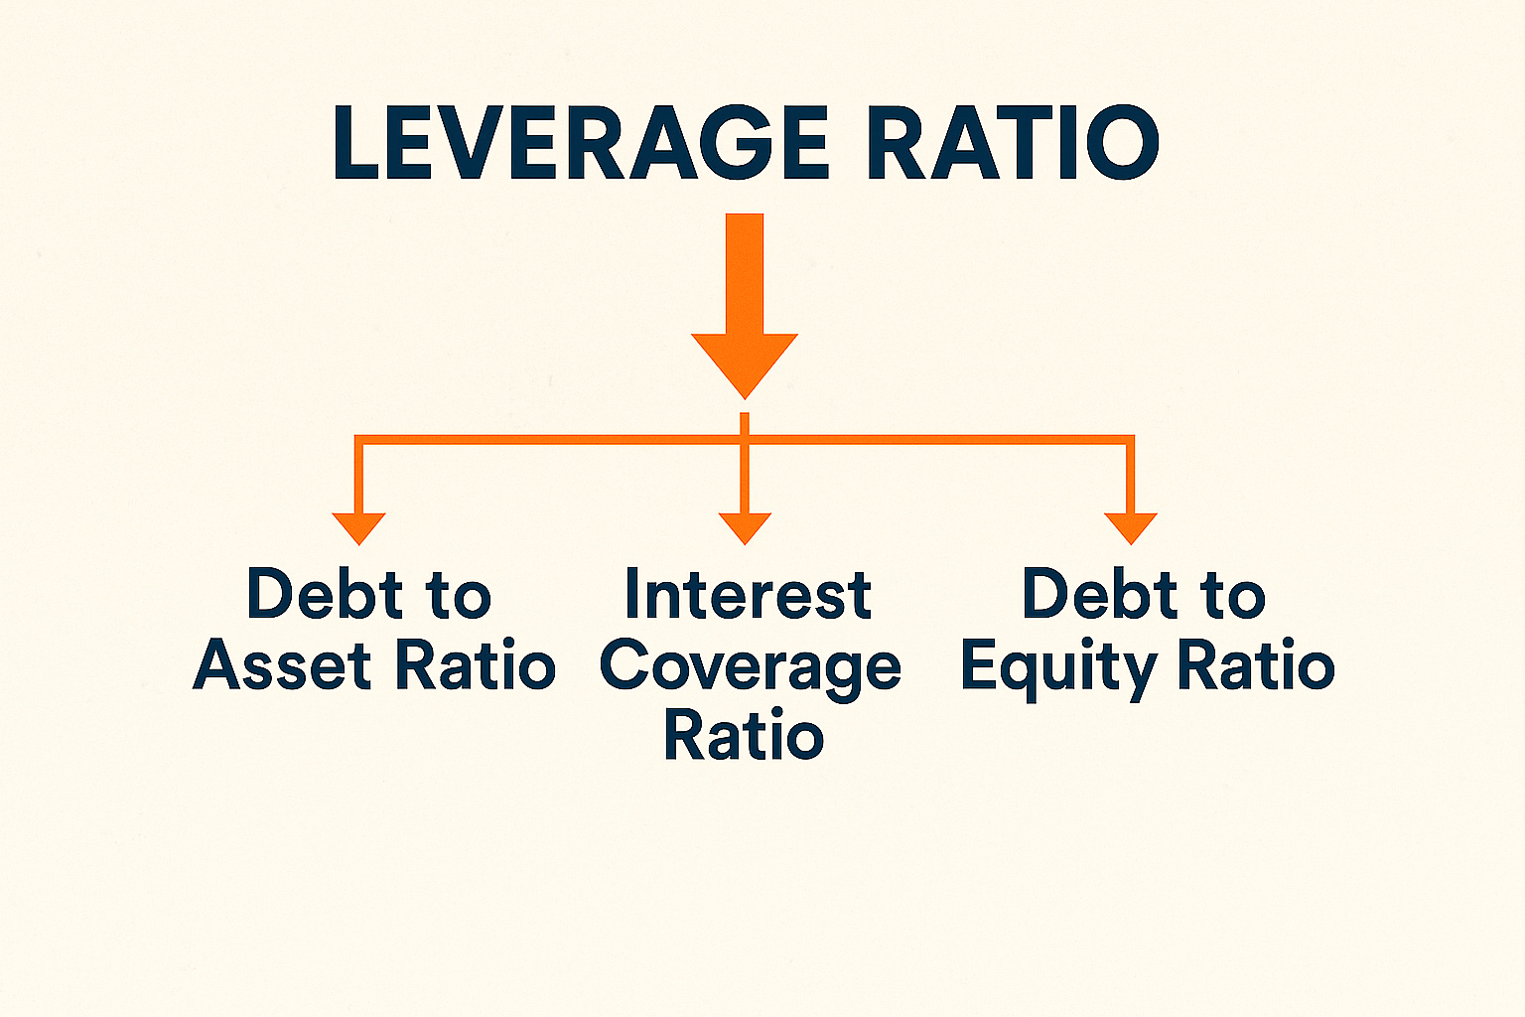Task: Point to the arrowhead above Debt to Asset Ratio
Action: [358, 527]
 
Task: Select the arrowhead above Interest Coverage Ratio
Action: [745, 527]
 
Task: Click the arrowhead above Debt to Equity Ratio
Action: [1130, 527]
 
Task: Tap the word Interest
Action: [748, 596]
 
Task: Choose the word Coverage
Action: [750, 667]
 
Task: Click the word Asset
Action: [283, 665]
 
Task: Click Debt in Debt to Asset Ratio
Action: [324, 595]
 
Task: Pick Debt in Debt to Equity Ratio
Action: [1099, 595]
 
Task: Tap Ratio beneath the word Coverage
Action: [744, 736]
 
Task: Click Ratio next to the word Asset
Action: [476, 665]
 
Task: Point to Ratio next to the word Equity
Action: [1255, 665]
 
